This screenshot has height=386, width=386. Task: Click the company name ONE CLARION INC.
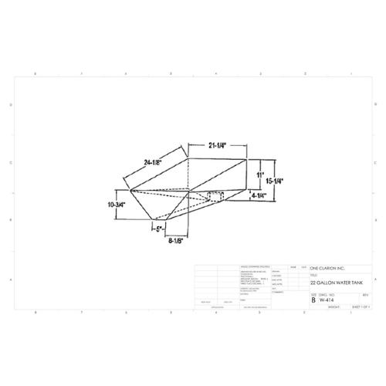(327, 267)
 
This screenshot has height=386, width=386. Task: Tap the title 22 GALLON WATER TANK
(333, 283)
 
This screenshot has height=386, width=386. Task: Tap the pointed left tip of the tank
(129, 190)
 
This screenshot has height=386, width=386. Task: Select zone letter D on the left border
(9, 104)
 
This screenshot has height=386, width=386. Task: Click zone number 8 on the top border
(35, 73)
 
